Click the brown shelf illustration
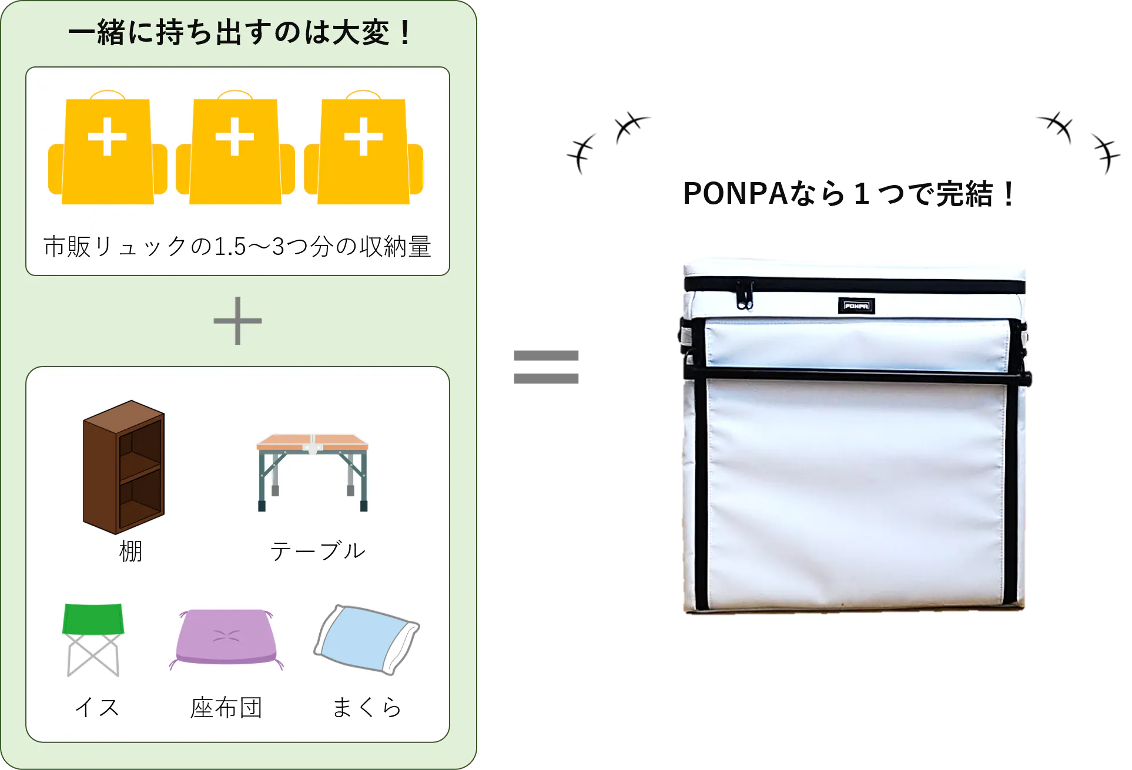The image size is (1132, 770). (x=123, y=467)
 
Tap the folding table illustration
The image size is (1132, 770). (x=313, y=470)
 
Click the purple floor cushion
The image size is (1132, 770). (x=226, y=637)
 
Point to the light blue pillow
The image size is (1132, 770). (x=367, y=639)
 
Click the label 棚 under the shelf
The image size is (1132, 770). (x=130, y=552)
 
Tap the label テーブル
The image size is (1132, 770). (x=318, y=552)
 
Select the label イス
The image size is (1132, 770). (x=97, y=707)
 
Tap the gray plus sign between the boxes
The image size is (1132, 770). (x=237, y=321)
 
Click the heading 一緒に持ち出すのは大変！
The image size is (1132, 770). (x=239, y=33)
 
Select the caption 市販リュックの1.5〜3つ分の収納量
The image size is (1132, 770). (x=237, y=247)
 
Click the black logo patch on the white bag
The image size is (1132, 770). (x=856, y=305)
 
